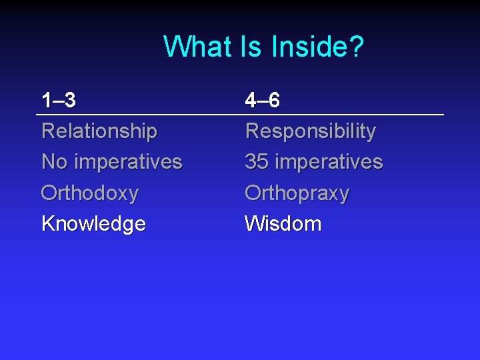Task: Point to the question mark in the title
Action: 357,47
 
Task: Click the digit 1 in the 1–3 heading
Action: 46,101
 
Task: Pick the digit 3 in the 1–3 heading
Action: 69,101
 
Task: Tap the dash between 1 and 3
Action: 57,101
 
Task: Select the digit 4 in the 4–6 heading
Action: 251,101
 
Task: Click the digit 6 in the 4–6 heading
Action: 273,101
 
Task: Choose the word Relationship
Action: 99,131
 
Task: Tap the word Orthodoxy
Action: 90,193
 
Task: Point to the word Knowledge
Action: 93,224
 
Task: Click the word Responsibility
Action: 310,131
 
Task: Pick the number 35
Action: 257,161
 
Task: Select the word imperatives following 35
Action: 329,162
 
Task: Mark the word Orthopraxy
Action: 297,193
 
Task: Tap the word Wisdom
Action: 283,223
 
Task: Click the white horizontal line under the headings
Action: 240,115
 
